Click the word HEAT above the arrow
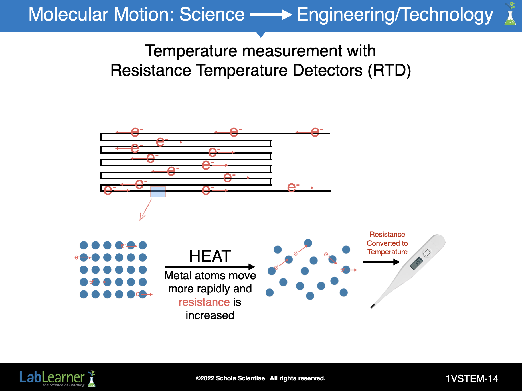pos(210,256)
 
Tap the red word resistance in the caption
pos(204,302)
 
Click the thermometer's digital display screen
pos(416,263)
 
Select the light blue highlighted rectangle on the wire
pos(158,192)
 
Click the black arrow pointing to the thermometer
pos(382,262)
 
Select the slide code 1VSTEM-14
pos(472,379)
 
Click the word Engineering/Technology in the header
pos(395,15)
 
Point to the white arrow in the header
pos(271,15)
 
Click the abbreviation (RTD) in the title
pos(389,70)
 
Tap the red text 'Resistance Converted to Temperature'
pos(387,243)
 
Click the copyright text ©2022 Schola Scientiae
pos(230,378)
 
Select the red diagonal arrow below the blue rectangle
pos(145,210)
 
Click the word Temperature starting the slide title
pos(191,51)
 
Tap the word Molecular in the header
pos(68,14)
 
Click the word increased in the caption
pos(210,315)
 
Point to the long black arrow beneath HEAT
pos(210,267)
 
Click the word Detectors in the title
pos(327,70)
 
